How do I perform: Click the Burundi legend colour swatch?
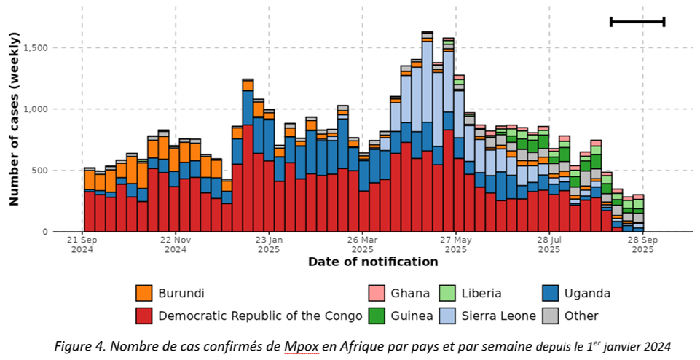click(x=144, y=294)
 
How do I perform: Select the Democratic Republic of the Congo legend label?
click(x=260, y=316)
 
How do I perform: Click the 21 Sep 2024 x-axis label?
click(x=82, y=244)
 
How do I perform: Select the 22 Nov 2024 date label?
click(x=175, y=244)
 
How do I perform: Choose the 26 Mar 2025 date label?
click(x=361, y=244)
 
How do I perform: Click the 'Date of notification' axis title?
click(x=373, y=262)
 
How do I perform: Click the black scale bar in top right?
click(x=637, y=21)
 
